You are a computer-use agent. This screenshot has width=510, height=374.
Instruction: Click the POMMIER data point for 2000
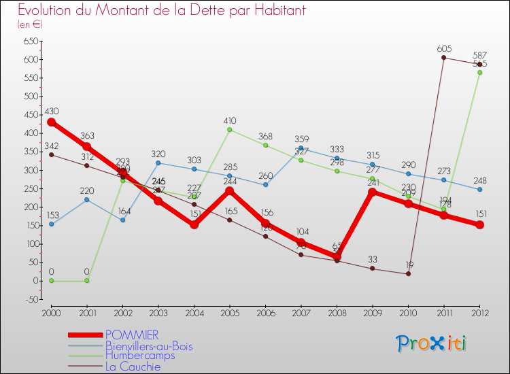pos(51,122)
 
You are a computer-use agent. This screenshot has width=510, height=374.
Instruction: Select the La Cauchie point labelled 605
pos(443,58)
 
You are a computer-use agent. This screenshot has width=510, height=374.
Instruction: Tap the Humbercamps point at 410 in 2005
pos(229,129)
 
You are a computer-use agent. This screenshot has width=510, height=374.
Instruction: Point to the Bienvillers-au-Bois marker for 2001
pos(86,199)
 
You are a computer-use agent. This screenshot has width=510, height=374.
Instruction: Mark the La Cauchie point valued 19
pos(408,273)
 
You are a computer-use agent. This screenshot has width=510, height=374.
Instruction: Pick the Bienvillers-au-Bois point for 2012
pos(479,189)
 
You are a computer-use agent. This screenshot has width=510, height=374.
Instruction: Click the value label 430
pos(51,111)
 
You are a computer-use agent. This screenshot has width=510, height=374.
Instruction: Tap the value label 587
pos(479,55)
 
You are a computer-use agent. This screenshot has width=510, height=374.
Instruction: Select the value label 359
pos(301,139)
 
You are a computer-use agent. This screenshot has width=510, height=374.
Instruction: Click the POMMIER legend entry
pos(132,335)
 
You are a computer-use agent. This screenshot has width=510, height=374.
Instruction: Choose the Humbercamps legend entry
pos(139,356)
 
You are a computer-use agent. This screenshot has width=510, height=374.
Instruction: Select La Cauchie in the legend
pos(133,367)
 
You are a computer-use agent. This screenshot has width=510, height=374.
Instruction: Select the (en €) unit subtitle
pos(31,24)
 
